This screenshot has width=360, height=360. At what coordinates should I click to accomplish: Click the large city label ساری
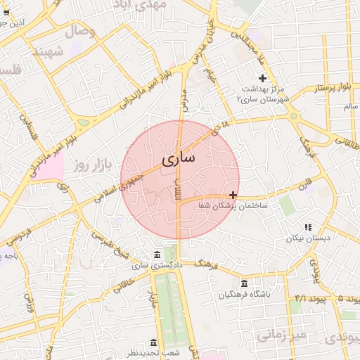(x=179, y=159)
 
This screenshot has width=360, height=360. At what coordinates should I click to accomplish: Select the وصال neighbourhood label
(x=80, y=32)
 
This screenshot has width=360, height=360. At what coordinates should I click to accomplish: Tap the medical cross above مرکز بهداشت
(x=263, y=77)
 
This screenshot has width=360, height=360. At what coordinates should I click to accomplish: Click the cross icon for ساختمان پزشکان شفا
(x=233, y=195)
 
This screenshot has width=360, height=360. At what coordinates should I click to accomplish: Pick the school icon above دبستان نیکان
(x=307, y=227)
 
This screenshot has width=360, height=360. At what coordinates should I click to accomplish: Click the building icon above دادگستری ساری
(x=156, y=255)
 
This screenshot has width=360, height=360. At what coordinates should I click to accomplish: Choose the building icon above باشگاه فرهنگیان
(x=244, y=283)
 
